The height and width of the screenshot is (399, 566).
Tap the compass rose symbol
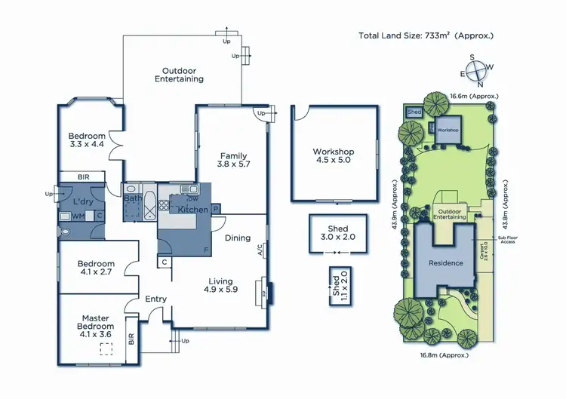pyautogui.click(x=478, y=72)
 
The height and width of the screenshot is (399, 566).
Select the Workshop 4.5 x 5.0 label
pyautogui.click(x=334, y=156)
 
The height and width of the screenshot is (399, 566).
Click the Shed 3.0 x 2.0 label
pyautogui.click(x=338, y=232)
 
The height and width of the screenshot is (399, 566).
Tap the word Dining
pyautogui.click(x=238, y=238)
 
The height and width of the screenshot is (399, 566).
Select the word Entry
pyautogui.click(x=155, y=299)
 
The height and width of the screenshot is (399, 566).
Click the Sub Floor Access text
pyautogui.click(x=507, y=240)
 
